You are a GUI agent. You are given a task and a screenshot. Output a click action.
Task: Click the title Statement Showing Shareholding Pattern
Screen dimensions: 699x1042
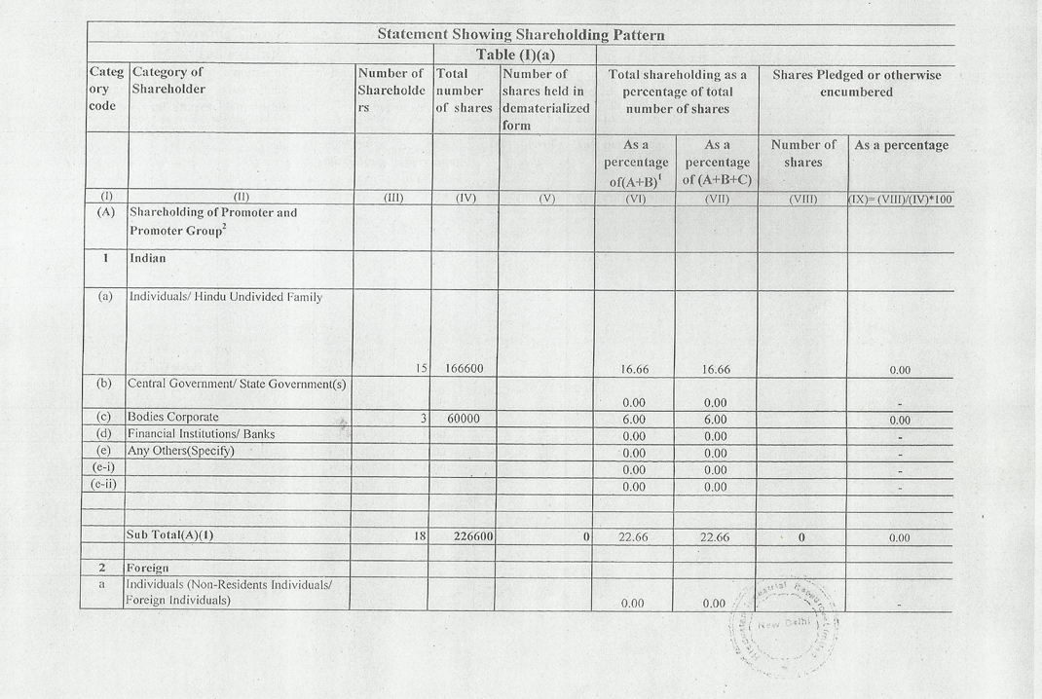tap(521, 35)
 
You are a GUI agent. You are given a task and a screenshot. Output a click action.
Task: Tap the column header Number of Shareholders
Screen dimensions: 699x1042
tap(391, 91)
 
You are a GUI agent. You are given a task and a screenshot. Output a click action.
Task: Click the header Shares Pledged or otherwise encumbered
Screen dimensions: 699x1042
tap(856, 83)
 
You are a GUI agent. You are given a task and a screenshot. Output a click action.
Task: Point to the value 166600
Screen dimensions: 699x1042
tap(465, 369)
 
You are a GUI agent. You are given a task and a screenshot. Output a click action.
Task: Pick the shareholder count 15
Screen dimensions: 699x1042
tap(421, 369)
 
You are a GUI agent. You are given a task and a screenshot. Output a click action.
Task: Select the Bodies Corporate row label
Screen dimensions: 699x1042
tap(172, 418)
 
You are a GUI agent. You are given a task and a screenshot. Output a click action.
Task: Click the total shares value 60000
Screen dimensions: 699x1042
tap(465, 419)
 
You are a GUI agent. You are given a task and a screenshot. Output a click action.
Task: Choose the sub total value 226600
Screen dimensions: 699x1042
tap(465, 536)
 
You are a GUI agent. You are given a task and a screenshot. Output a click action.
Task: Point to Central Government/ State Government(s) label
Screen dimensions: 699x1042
tap(238, 385)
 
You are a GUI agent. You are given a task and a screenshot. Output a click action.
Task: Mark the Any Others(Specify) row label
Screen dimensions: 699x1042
tap(181, 451)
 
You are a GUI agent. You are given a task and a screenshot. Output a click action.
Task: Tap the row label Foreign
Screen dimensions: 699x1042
tap(147, 568)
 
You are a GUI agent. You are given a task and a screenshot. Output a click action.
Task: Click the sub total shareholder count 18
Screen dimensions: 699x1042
tap(421, 536)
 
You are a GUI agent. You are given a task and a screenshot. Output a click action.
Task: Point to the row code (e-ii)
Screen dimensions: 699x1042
tap(104, 484)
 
